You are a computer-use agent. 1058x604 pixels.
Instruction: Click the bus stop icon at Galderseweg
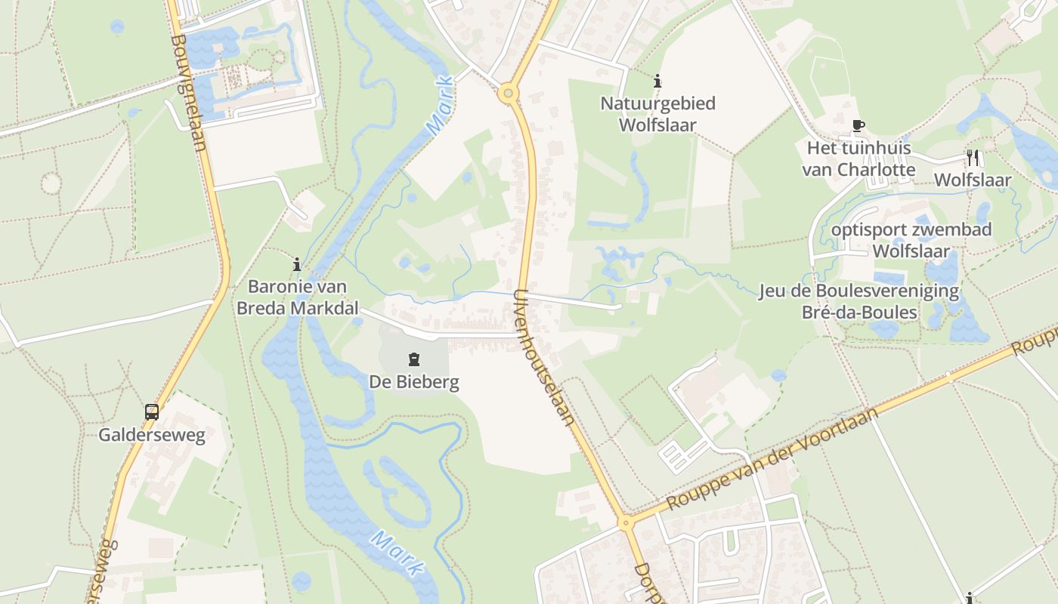tap(152, 412)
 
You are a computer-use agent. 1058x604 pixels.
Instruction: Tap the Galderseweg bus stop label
tap(152, 436)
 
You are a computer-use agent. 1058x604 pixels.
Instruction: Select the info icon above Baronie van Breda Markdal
tap(297, 264)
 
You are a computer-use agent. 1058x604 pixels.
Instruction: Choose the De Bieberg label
tap(414, 383)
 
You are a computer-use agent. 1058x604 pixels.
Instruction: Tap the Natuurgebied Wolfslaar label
tap(657, 114)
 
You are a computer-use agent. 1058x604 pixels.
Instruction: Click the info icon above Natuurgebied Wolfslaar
tap(657, 80)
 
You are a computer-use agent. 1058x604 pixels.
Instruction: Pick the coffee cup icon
tap(858, 125)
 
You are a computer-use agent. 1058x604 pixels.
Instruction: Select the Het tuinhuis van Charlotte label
tap(858, 159)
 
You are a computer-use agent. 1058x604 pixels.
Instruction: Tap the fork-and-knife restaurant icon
tap(973, 158)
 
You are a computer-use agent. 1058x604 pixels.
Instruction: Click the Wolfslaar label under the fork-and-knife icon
tap(973, 180)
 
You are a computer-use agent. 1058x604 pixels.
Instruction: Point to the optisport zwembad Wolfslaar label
tap(911, 240)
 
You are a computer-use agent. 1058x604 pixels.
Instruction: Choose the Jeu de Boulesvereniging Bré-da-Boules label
tap(859, 301)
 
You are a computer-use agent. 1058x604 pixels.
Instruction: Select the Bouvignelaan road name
tap(189, 91)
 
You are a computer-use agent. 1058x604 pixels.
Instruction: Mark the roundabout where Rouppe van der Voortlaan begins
tap(625, 522)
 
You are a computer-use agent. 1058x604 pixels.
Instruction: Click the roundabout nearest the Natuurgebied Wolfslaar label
tap(508, 94)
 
